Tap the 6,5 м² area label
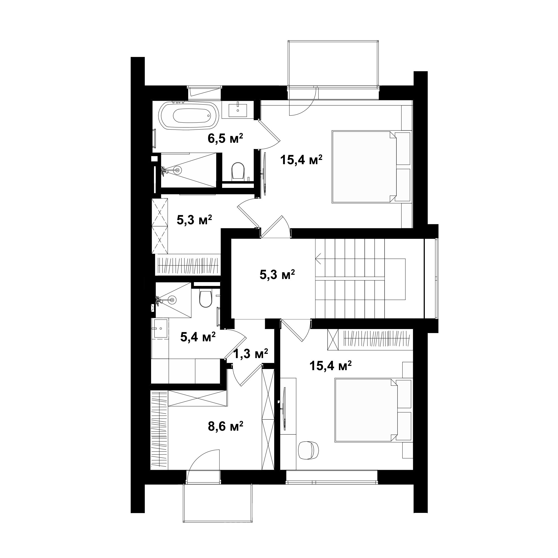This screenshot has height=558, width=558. point(225,138)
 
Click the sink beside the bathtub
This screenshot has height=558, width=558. point(238,110)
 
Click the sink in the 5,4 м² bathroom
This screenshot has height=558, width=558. point(161,328)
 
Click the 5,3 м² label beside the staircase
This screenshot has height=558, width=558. point(277,275)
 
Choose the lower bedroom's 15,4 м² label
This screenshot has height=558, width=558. point(330,365)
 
